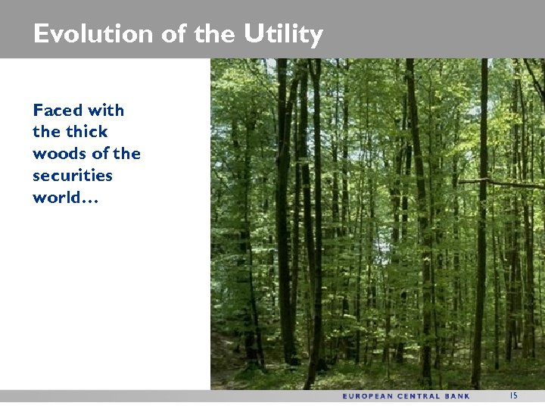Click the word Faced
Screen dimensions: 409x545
coord(56,111)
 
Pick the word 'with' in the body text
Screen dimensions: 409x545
coord(105,111)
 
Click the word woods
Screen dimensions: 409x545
coord(59,154)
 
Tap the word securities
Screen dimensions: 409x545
coord(73,176)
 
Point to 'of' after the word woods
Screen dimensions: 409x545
coord(100,154)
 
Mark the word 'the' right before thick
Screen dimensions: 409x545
coord(46,132)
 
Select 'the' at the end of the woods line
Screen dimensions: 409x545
coord(127,154)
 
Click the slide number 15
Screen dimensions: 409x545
coord(513,395)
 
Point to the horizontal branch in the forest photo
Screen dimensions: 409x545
coord(500,183)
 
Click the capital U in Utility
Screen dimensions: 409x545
coord(252,34)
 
